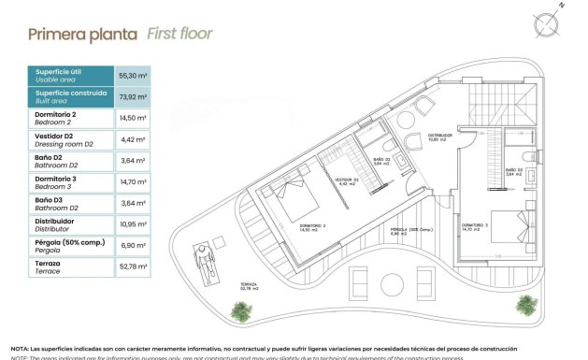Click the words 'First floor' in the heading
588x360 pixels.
(179, 35)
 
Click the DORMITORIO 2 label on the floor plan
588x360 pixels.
(312, 226)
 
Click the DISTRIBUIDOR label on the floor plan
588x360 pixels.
(440, 137)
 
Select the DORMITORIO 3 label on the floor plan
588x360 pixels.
(475, 225)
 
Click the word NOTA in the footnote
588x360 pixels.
(20, 348)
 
